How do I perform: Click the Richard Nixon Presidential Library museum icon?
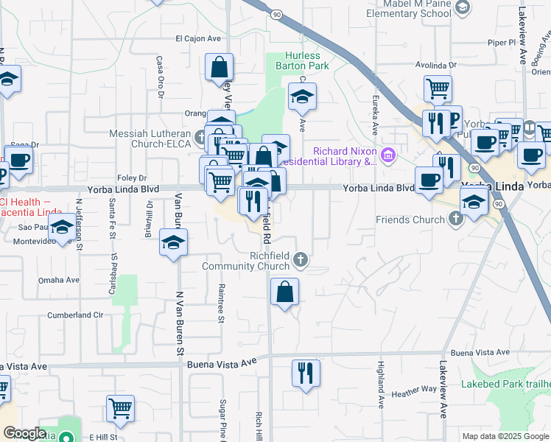388,156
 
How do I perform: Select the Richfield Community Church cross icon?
300,259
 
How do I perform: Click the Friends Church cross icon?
456,219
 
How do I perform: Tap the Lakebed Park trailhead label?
506,384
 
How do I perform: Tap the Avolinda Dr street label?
436,64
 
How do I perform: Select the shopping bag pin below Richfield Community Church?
284,292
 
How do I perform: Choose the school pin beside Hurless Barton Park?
301,97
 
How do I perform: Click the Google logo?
24,433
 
